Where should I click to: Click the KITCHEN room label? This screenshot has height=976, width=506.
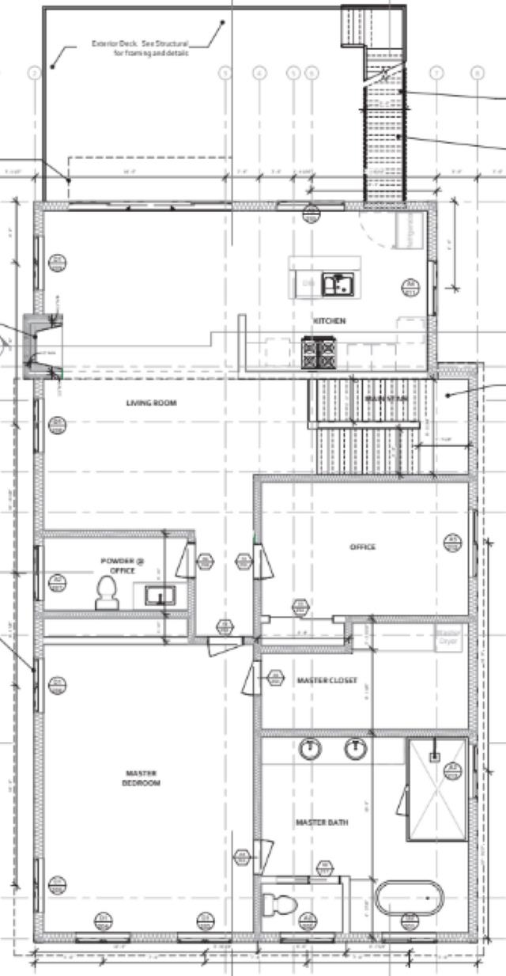click(329, 321)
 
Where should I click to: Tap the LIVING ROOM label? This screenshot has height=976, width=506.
click(151, 403)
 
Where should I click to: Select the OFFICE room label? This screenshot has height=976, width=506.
click(362, 547)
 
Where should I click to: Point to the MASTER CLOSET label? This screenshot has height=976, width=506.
click(327, 680)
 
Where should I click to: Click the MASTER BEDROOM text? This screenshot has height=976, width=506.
click(142, 778)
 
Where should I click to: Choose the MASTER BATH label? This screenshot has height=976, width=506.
click(322, 823)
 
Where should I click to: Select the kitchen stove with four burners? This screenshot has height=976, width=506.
click(320, 353)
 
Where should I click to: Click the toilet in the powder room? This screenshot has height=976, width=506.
click(106, 593)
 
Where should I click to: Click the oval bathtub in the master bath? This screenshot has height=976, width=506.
click(409, 898)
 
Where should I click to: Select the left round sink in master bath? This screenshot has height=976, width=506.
click(312, 748)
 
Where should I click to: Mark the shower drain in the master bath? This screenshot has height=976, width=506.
click(434, 757)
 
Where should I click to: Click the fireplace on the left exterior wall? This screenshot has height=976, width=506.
click(38, 346)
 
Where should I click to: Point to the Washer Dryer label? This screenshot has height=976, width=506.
click(447, 637)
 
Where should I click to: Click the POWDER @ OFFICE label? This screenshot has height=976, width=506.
click(123, 566)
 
